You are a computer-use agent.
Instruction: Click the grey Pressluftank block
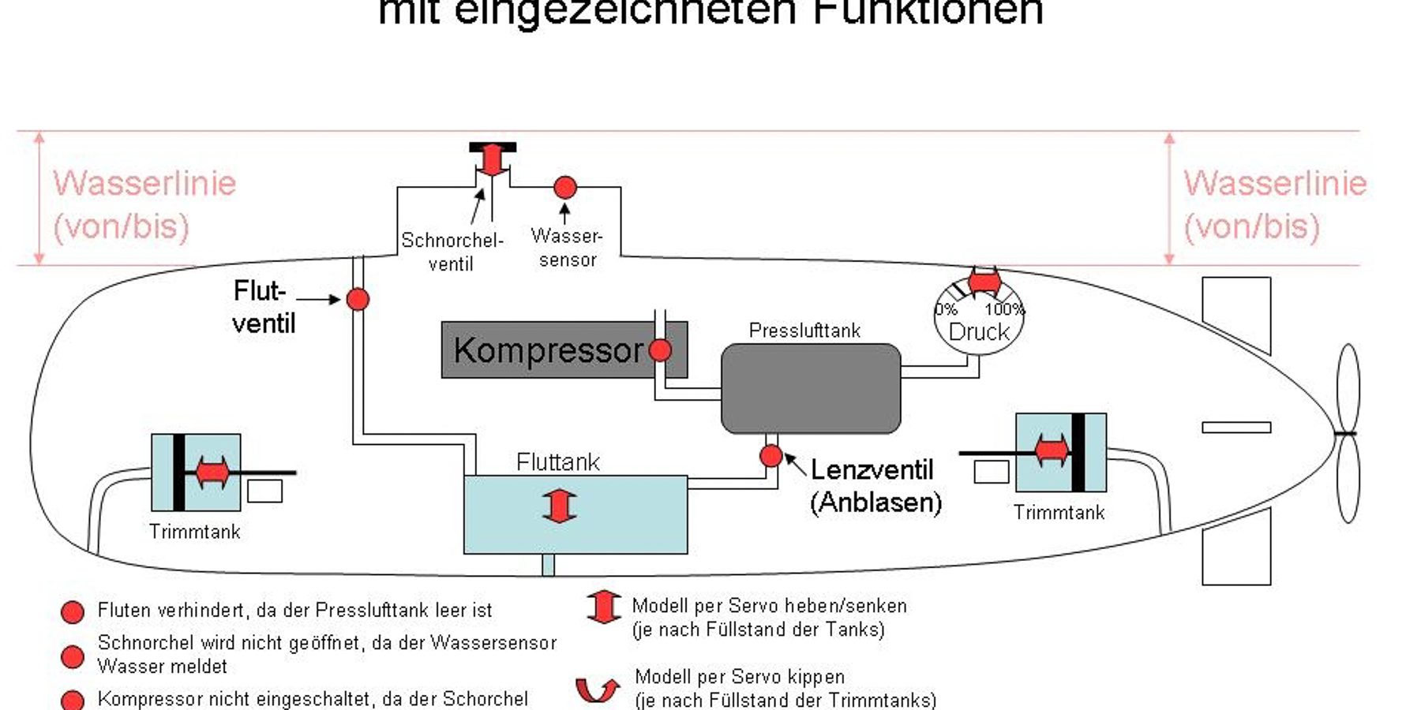811,389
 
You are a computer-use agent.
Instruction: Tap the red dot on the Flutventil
358,300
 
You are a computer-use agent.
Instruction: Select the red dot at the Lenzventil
771,456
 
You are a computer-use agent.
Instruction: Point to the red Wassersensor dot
564,188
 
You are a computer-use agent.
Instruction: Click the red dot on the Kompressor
660,350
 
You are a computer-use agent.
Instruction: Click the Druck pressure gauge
979,323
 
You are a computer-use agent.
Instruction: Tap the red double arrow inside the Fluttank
560,506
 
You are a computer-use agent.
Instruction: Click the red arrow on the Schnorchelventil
492,160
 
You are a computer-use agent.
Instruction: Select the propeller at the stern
1348,433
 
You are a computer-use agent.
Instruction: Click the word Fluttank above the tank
558,461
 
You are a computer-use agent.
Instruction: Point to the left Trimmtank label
194,532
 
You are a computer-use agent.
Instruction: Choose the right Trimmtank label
1059,513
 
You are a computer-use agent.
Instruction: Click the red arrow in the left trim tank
212,473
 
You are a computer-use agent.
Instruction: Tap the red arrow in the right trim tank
1052,451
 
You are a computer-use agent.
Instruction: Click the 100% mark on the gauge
1003,309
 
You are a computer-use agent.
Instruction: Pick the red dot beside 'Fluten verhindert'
73,611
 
